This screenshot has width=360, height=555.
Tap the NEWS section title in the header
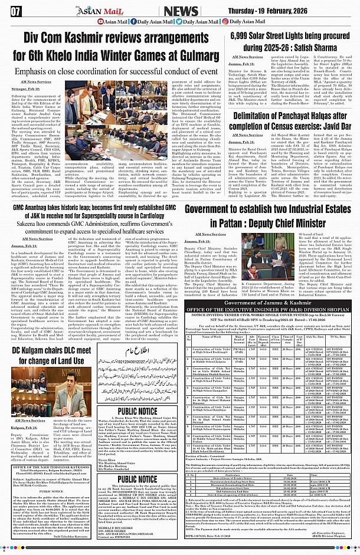click(181, 11)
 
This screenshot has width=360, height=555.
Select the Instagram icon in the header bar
click(225, 22)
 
